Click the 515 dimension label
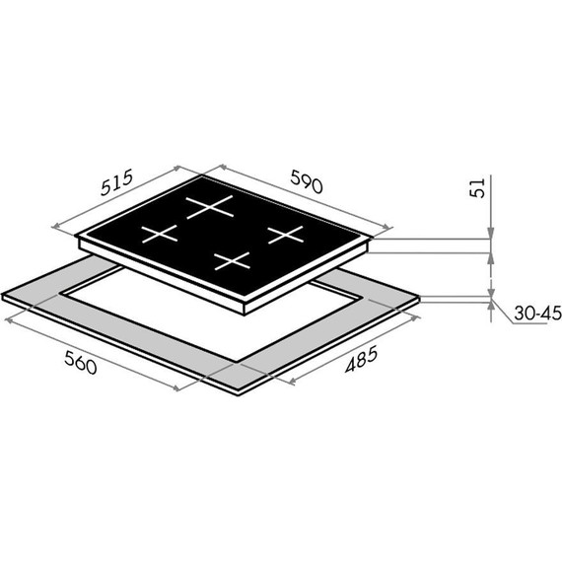(x=117, y=182)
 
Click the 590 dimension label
(x=307, y=181)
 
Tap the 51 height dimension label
(x=477, y=187)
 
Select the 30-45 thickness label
(x=537, y=313)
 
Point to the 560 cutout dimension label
(x=81, y=363)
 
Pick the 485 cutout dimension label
(x=361, y=359)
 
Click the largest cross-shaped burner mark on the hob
(x=210, y=207)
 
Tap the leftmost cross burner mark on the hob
(x=160, y=234)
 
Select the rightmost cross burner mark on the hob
(x=286, y=235)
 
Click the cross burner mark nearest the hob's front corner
(x=232, y=260)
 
